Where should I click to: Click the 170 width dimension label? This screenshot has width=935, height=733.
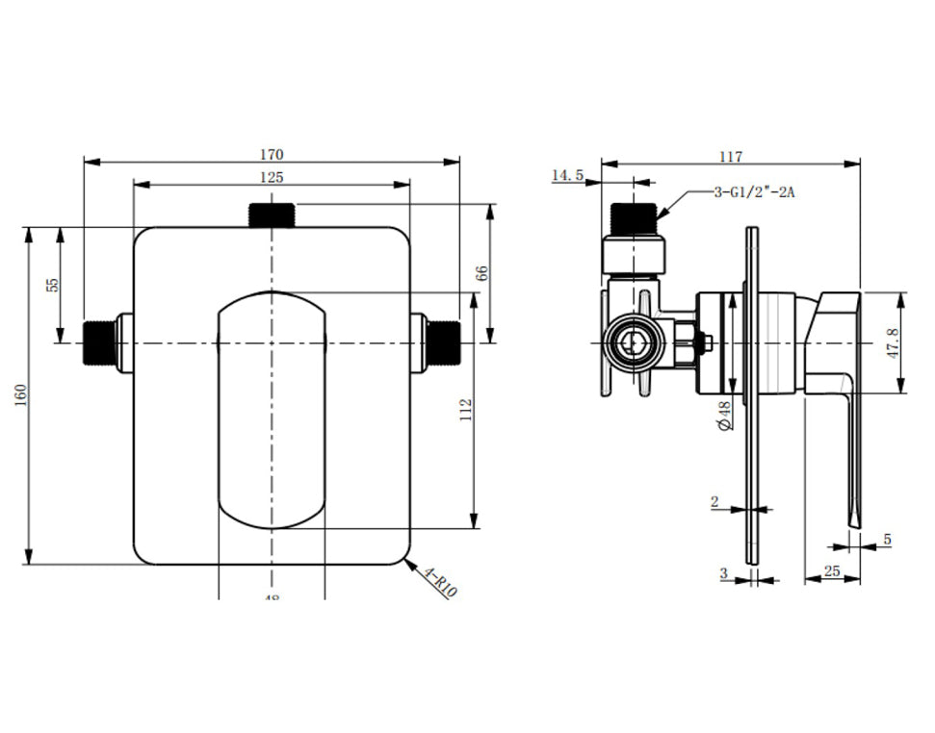(272, 154)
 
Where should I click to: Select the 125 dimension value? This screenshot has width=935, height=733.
(272, 177)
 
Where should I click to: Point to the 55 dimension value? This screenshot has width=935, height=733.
(53, 285)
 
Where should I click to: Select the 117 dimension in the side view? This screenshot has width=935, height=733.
(730, 156)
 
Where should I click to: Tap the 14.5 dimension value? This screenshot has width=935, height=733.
(567, 175)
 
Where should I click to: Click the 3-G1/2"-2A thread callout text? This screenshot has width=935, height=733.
(755, 192)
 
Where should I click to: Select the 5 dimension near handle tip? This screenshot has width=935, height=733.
(887, 540)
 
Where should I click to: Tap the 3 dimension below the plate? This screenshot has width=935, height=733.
(723, 572)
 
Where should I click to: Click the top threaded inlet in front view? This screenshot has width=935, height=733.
(272, 215)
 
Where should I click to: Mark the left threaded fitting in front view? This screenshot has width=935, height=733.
(99, 343)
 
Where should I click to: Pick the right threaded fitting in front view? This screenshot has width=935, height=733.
(443, 343)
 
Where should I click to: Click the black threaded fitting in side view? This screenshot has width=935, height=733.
(632, 216)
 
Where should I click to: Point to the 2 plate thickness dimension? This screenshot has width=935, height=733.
(714, 501)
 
